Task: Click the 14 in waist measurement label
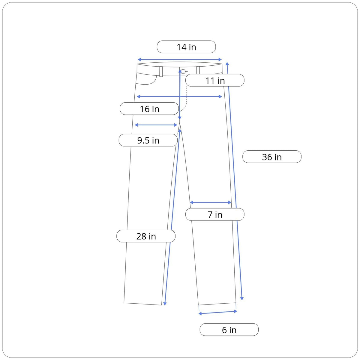[x=186, y=47]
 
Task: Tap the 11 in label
[x=215, y=80]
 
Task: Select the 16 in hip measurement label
[x=149, y=109]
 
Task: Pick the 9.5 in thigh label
[x=148, y=140]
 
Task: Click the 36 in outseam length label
[x=272, y=157]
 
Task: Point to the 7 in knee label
[x=215, y=214]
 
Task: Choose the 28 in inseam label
[x=146, y=236]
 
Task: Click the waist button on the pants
[x=183, y=71]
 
